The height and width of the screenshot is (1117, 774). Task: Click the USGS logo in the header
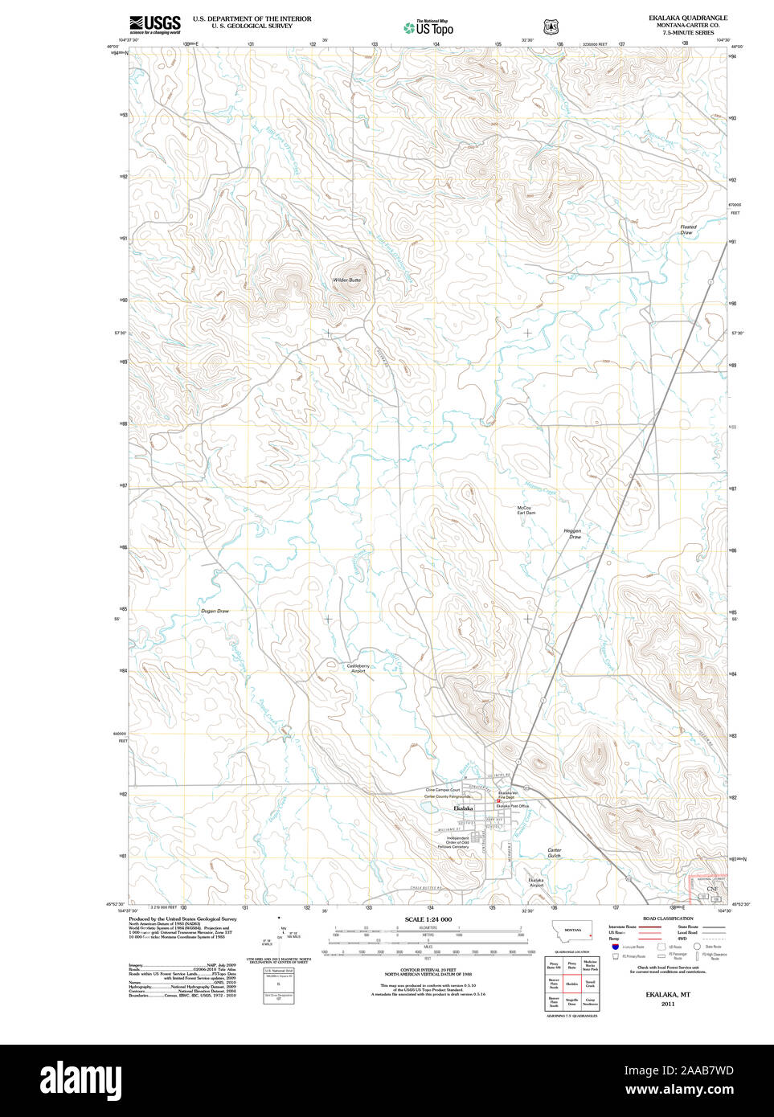click(x=154, y=24)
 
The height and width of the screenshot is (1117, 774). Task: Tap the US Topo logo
click(x=429, y=28)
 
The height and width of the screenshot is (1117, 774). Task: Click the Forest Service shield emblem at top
click(x=551, y=27)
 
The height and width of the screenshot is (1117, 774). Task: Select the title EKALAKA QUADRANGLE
click(x=688, y=18)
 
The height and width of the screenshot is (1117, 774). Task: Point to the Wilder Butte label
click(x=347, y=280)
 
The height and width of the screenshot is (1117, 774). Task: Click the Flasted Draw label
click(x=688, y=230)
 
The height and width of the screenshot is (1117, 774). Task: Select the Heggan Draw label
click(x=572, y=534)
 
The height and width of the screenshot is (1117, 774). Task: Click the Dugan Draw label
click(x=215, y=611)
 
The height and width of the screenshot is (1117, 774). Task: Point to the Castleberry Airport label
click(x=358, y=668)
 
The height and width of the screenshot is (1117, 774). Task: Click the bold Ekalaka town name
click(x=463, y=808)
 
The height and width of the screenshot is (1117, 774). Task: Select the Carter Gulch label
click(x=555, y=853)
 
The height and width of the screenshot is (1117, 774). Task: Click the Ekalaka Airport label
click(x=535, y=882)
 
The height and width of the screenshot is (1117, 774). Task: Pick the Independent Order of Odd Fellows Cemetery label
click(x=453, y=842)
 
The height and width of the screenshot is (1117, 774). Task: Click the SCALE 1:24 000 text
click(x=428, y=919)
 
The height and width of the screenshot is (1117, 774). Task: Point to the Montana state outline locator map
click(x=572, y=931)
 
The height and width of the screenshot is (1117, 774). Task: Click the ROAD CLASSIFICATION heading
click(x=668, y=919)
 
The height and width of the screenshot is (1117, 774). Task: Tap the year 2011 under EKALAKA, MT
click(x=668, y=1004)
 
